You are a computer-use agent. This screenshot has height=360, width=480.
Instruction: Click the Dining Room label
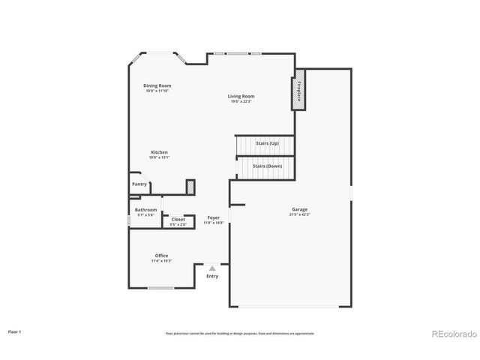coord(157,85)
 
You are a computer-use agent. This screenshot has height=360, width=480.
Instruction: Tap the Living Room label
coord(241,95)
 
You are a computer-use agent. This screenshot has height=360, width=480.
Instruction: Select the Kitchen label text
coord(158,152)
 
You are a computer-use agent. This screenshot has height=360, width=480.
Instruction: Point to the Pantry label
coord(139,184)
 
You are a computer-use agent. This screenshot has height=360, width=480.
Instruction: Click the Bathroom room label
coord(145,209)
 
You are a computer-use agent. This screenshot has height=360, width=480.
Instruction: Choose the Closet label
coord(178,219)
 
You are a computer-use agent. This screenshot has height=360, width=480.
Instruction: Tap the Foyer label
coord(214,217)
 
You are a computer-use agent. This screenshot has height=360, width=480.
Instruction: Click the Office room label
coord(161,255)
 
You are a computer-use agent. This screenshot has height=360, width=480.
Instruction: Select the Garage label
coord(300,209)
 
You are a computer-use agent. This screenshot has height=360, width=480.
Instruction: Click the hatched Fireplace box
coord(299,90)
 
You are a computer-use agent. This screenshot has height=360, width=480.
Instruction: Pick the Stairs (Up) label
coord(268,142)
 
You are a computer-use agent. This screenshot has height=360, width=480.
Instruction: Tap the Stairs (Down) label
coord(267,166)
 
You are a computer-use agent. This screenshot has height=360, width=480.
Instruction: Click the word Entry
coord(212,276)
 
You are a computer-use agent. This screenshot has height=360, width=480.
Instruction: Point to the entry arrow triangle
coord(212,268)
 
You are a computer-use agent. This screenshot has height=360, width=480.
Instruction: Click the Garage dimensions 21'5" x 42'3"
coord(300,214)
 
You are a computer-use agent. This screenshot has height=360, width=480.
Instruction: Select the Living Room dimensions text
coord(241,100)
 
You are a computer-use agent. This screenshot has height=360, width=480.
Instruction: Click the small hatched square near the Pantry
coord(190,185)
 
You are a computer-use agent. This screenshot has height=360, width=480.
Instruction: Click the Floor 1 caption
coord(15,331)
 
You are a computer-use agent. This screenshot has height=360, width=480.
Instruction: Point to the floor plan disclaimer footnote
coord(240,333)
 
